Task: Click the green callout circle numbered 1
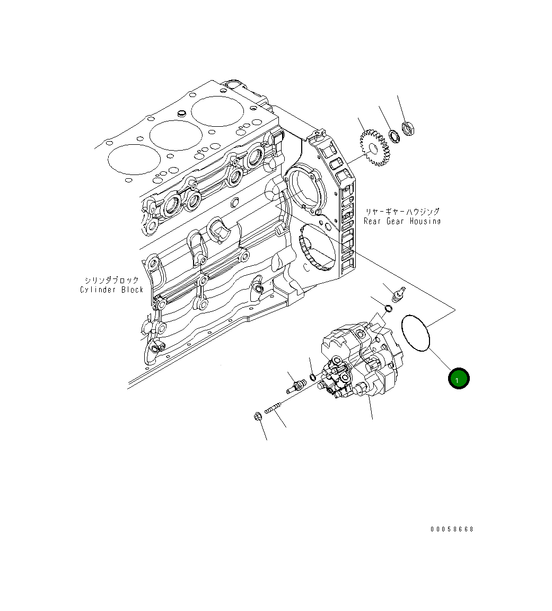point(459,378)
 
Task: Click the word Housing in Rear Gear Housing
point(422,221)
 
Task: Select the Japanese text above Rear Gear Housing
point(401,211)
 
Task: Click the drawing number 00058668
point(452,529)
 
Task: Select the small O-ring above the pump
point(388,309)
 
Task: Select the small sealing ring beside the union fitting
point(313,377)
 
